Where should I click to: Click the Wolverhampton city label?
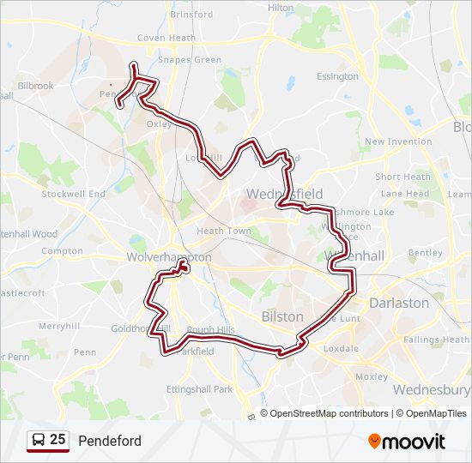[168, 257]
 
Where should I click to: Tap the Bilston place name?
[282, 316]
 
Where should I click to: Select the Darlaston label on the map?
[398, 303]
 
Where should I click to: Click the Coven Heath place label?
[166, 39]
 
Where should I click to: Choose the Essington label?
[337, 76]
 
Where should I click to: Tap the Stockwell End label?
[73, 194]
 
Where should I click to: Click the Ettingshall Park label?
[199, 389]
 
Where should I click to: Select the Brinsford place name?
[191, 15]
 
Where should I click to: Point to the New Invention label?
[398, 141]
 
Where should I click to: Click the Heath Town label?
[223, 231]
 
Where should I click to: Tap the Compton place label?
[62, 251]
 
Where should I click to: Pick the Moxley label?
[372, 376]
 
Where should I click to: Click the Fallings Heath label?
[437, 340]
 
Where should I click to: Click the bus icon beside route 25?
[38, 441]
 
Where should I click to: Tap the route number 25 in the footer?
[57, 440]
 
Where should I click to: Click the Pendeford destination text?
[110, 441]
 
